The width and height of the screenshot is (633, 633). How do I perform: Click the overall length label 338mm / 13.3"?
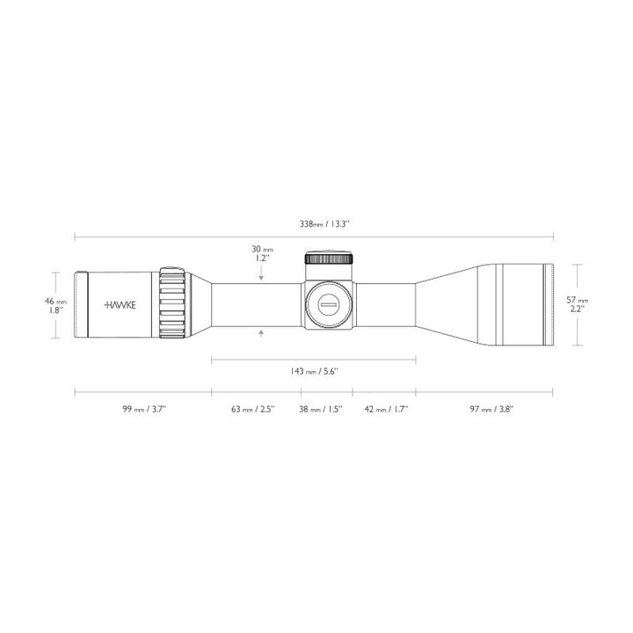(x=324, y=225)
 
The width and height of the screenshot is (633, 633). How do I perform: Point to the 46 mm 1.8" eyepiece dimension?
(x=56, y=305)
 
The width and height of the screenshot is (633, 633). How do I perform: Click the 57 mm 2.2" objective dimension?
(x=578, y=304)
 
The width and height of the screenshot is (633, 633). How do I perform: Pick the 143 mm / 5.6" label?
(x=314, y=372)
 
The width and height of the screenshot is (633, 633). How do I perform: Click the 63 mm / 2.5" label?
(x=253, y=409)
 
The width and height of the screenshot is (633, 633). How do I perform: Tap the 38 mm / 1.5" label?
(x=325, y=409)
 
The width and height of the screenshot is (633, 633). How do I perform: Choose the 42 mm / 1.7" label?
(x=383, y=409)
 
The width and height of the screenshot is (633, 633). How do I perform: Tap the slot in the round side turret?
(x=330, y=304)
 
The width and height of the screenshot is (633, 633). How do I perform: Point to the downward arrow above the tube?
(x=262, y=277)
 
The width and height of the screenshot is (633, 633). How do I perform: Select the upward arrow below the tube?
(x=262, y=332)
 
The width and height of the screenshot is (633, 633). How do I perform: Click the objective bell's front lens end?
(x=549, y=304)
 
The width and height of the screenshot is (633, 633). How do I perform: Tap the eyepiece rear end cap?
(x=81, y=305)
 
